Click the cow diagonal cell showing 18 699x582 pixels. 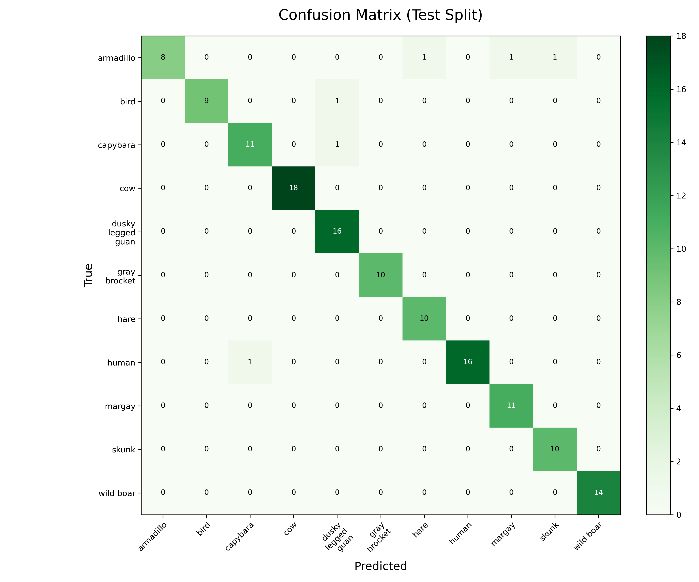[293, 188]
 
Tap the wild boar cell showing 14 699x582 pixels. [598, 493]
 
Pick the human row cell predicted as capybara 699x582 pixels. [250, 362]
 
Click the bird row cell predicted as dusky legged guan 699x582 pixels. [337, 101]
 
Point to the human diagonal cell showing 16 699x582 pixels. [468, 362]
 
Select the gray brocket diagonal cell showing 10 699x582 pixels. [380, 275]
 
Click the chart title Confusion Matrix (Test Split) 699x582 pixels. [380, 15]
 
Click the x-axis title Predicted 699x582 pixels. [380, 566]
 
